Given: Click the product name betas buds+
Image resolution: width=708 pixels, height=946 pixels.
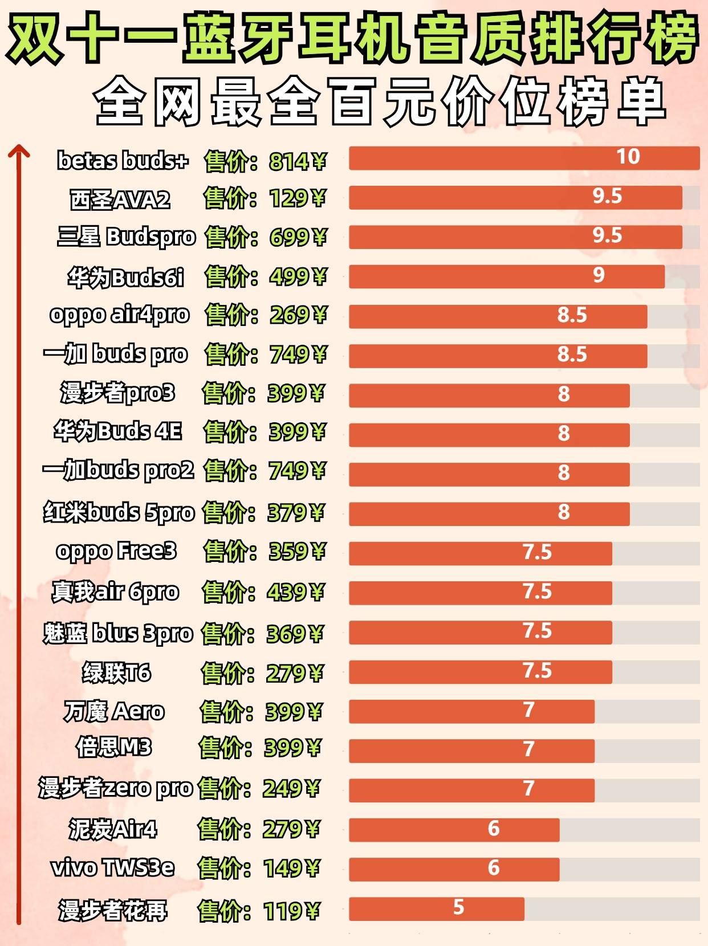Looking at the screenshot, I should pyautogui.click(x=123, y=161).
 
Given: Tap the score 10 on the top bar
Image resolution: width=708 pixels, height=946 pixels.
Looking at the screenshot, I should pyautogui.click(x=628, y=157).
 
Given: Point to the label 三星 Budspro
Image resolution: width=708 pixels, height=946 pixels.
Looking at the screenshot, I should pyautogui.click(x=126, y=237).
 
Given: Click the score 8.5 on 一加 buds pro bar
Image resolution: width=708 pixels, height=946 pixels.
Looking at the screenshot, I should pyautogui.click(x=572, y=354).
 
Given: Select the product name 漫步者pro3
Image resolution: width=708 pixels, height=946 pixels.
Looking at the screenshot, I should pyautogui.click(x=117, y=393).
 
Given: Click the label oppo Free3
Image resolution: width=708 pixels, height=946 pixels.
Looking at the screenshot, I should pyautogui.click(x=116, y=551).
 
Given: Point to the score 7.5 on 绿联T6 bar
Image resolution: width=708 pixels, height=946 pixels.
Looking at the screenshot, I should pyautogui.click(x=537, y=671).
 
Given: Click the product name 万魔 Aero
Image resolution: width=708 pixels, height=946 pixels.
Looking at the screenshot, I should pyautogui.click(x=114, y=711).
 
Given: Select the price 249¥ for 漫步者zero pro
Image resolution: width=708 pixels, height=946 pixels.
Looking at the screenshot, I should pyautogui.click(x=291, y=789).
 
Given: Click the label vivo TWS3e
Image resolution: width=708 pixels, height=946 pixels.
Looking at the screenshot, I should pyautogui.click(x=113, y=868).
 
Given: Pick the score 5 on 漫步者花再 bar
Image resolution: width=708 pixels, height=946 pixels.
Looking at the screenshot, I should pyautogui.click(x=458, y=907).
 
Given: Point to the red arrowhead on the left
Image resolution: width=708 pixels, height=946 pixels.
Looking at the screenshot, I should pyautogui.click(x=19, y=151).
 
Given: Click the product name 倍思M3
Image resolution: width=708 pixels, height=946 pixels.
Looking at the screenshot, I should pyautogui.click(x=114, y=747).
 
